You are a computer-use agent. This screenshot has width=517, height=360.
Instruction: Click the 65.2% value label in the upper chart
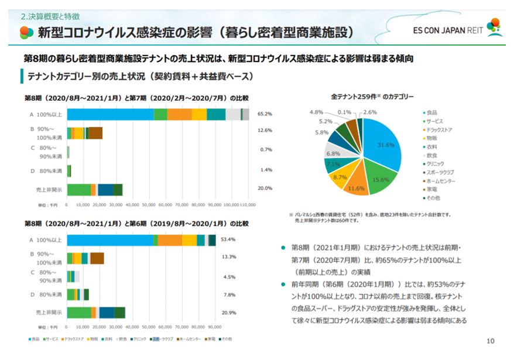(x=265, y=114)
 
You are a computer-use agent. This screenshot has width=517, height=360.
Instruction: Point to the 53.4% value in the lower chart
(x=228, y=239)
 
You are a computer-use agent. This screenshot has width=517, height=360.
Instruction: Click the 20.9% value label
(x=228, y=313)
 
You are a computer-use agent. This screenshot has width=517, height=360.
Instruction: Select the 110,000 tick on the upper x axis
(x=248, y=205)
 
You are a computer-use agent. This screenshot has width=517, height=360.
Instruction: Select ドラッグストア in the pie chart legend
(x=441, y=129)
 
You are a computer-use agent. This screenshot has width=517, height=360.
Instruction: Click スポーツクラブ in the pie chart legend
(x=441, y=172)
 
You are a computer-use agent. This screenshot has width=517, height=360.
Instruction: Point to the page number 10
(x=490, y=341)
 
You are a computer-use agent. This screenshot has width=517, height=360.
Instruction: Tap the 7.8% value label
(x=230, y=294)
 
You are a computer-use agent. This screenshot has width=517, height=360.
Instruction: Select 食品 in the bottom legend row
(x=35, y=339)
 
